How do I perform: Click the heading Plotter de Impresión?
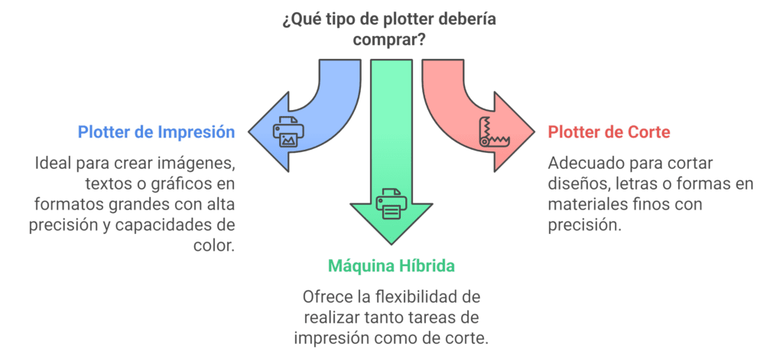click(x=156, y=132)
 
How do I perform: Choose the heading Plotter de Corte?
click(x=609, y=132)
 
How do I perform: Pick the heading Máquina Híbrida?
click(x=391, y=267)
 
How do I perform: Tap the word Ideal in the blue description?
click(x=51, y=164)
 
